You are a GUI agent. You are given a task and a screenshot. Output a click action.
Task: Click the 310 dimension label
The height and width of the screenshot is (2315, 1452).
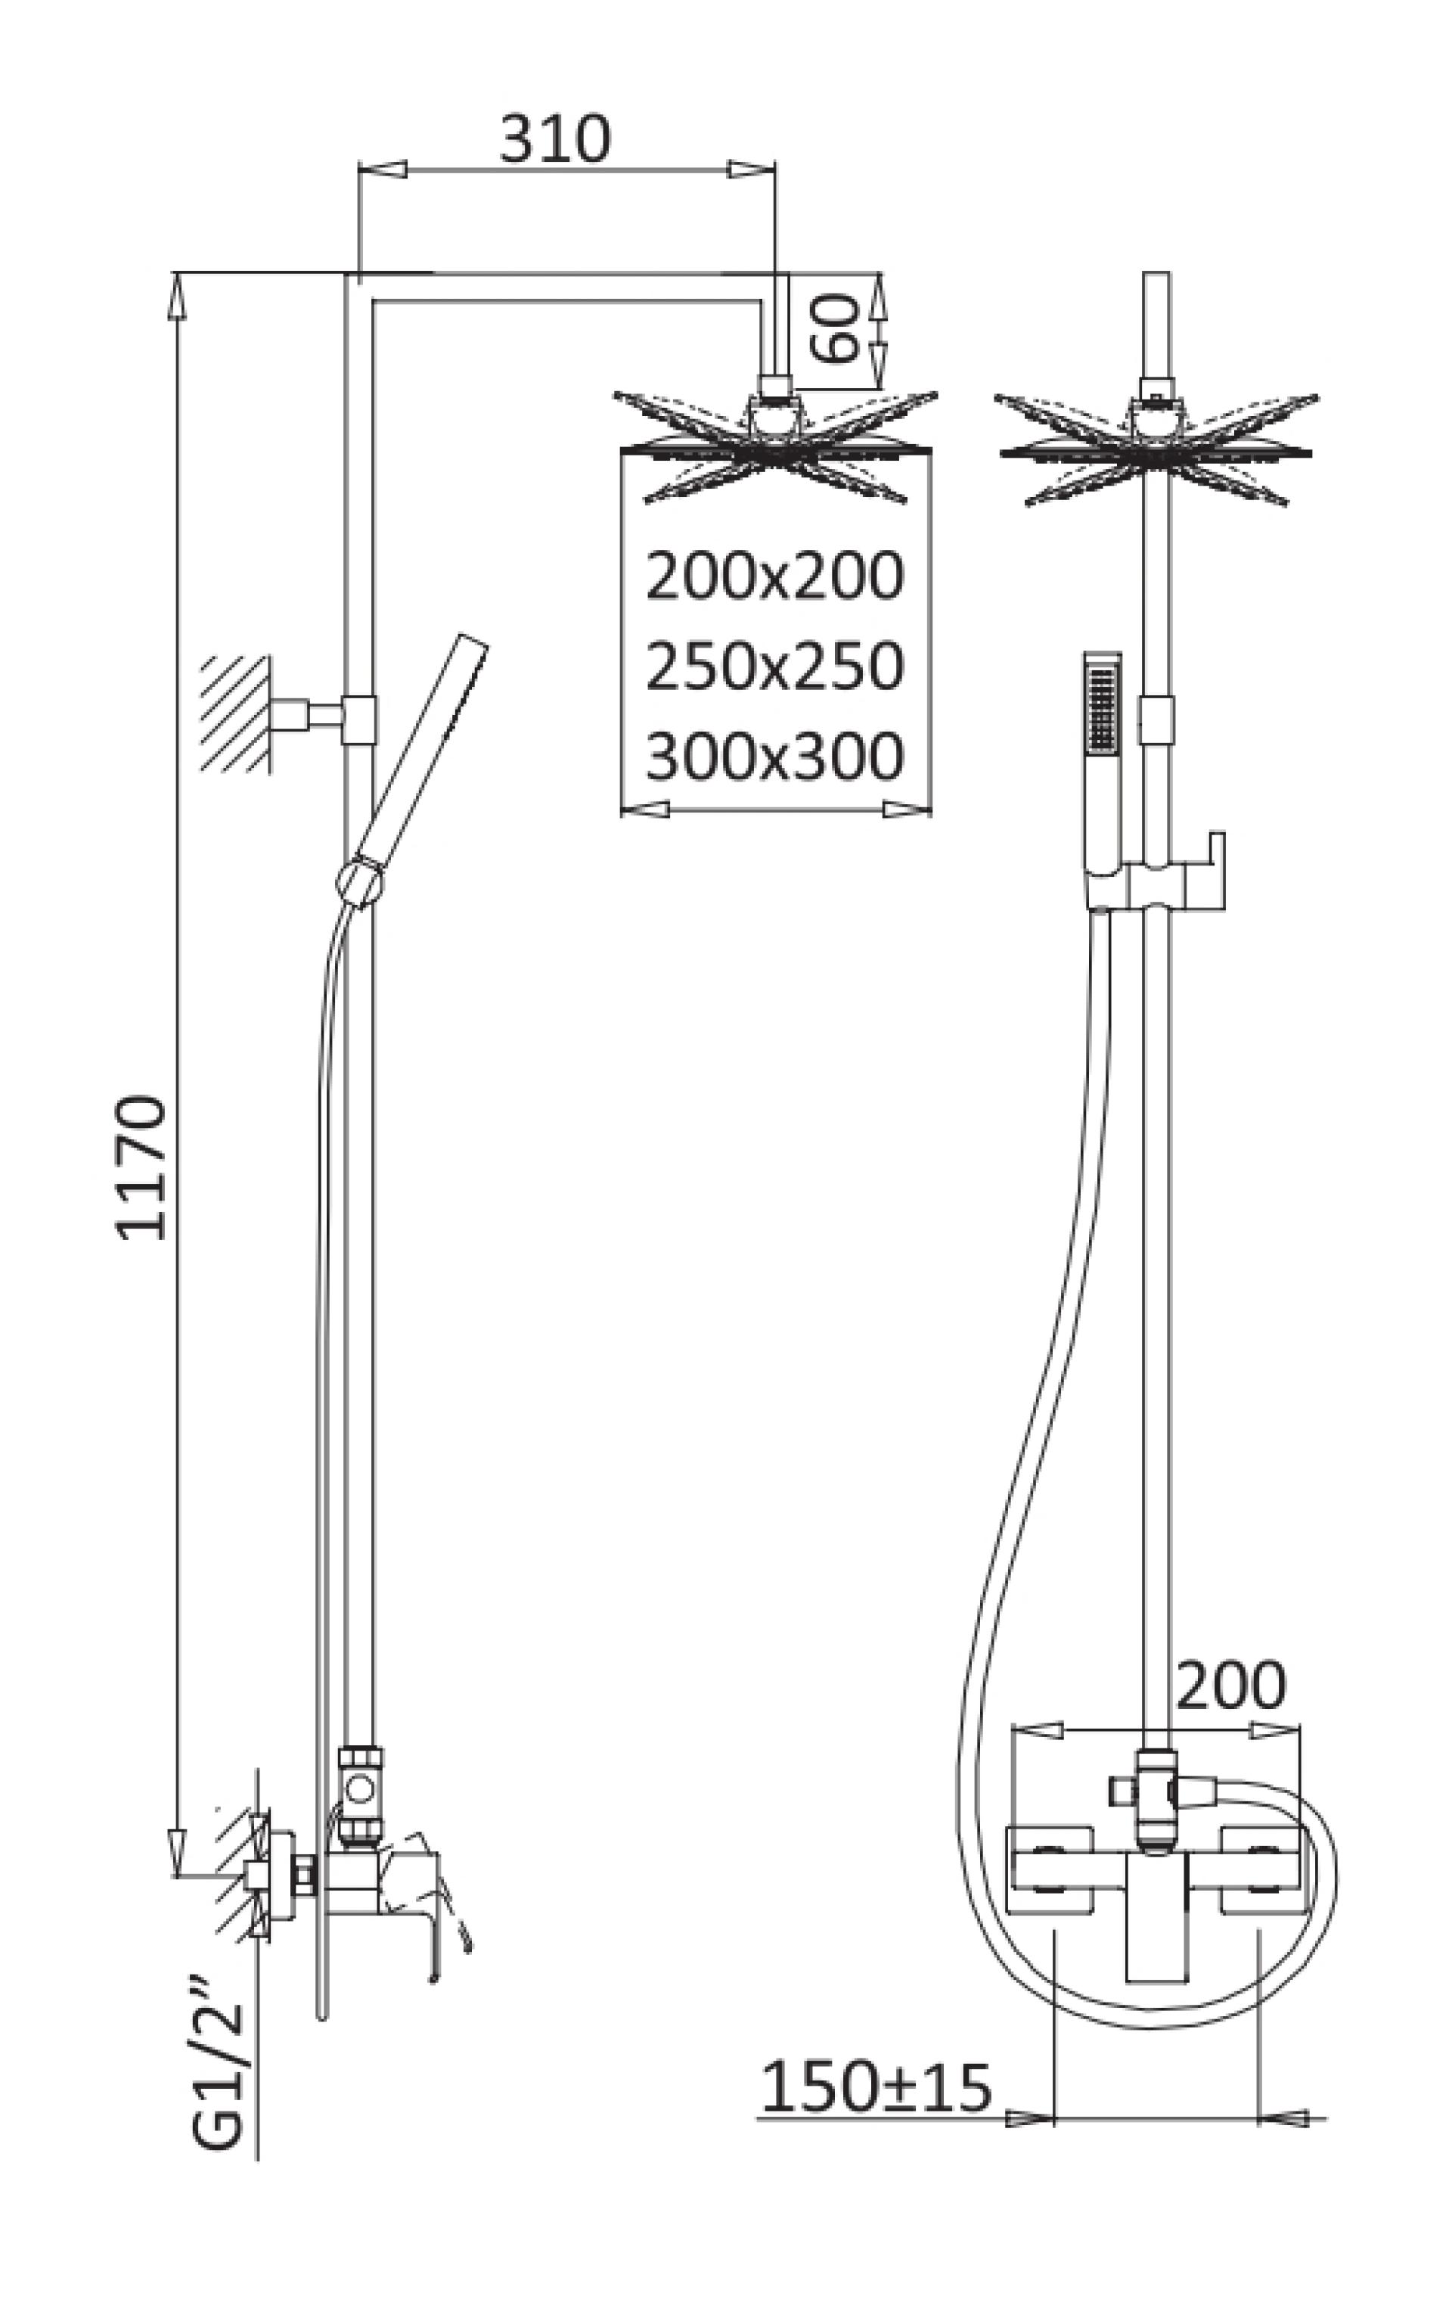coord(555,139)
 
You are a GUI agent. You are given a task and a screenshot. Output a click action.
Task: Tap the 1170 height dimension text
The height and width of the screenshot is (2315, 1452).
coord(142,1167)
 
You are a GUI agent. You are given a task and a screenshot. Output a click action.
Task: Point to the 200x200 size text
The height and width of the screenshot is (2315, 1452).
coord(774,576)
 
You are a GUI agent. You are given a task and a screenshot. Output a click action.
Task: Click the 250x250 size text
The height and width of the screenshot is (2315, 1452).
coord(774,666)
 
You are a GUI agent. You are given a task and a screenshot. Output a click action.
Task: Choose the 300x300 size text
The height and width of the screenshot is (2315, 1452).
coord(774,756)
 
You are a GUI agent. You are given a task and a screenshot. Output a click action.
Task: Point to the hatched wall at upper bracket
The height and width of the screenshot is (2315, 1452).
coord(234,712)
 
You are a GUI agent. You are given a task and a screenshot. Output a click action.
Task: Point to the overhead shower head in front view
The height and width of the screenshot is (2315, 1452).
coord(1156,446)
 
